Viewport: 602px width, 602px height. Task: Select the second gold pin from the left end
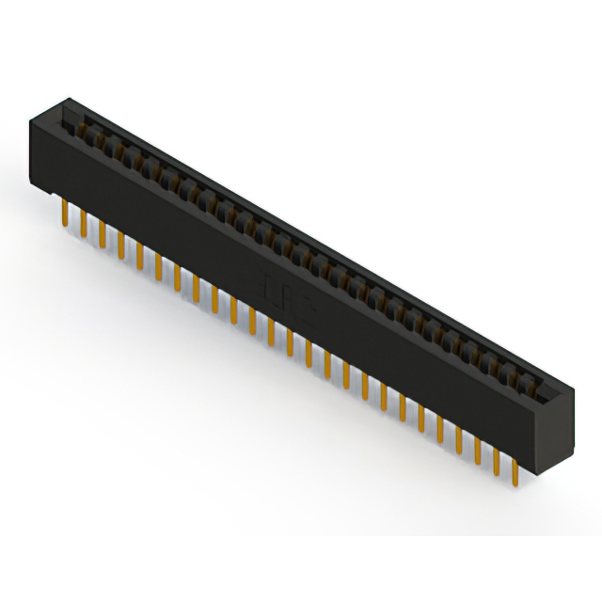point(83,225)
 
